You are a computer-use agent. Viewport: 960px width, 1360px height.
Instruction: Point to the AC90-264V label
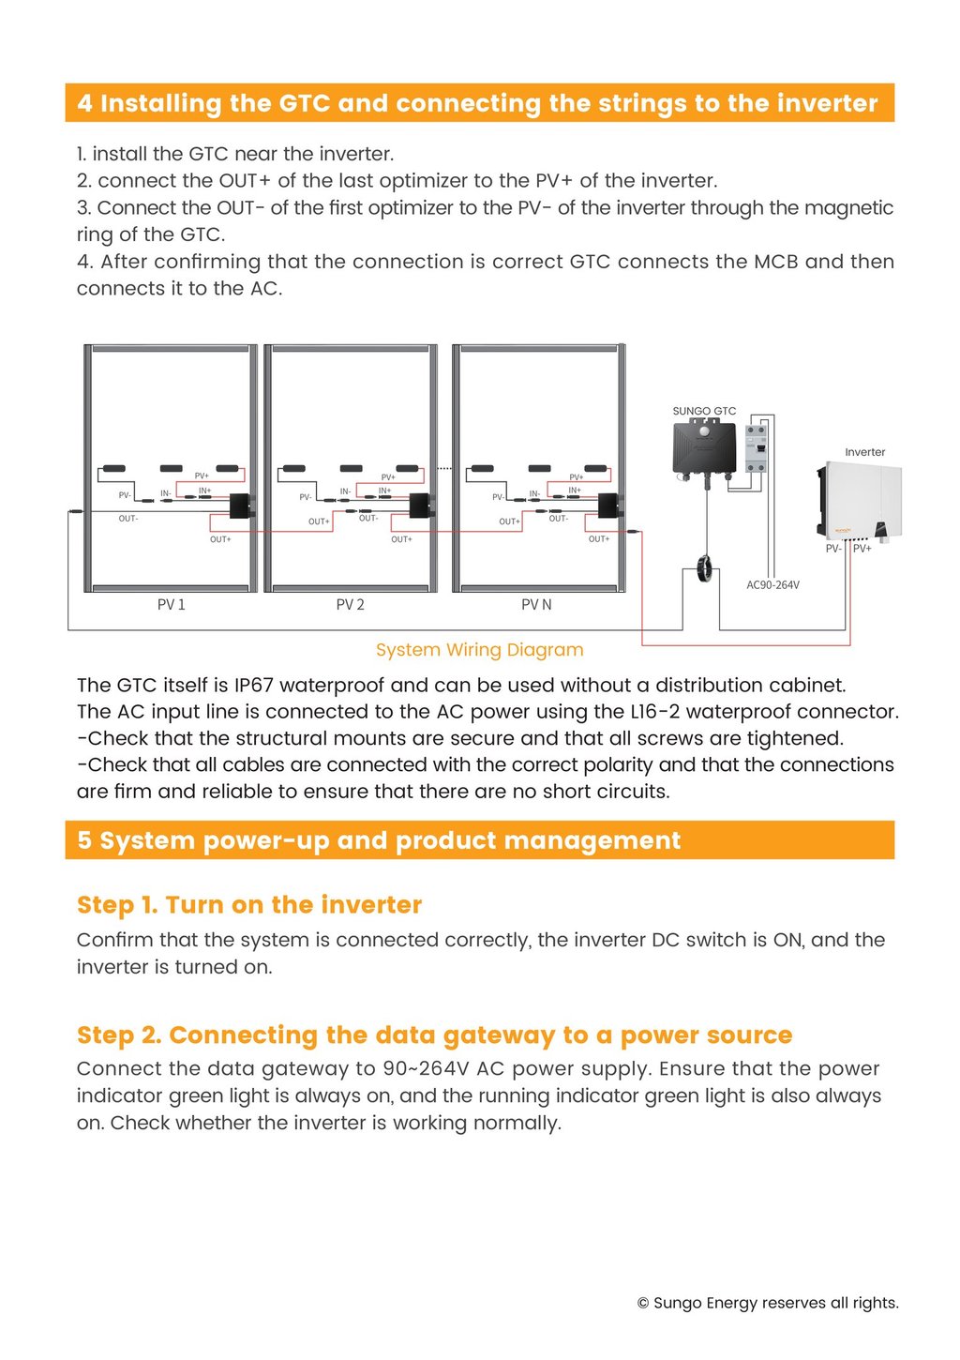coord(772,585)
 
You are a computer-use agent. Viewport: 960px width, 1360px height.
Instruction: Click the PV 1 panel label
coord(171,605)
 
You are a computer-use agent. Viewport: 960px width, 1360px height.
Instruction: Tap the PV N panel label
coord(536,605)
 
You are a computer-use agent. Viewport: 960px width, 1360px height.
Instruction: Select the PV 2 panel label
coord(350,605)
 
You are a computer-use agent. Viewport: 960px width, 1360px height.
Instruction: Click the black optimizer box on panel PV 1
coord(242,506)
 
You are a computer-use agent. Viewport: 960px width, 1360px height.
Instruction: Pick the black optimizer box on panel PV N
coord(608,506)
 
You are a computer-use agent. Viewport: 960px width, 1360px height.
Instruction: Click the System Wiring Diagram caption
coord(479,650)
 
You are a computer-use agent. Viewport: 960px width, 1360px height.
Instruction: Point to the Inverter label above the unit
coord(864,452)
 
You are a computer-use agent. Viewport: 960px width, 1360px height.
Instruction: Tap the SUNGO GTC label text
coord(704,411)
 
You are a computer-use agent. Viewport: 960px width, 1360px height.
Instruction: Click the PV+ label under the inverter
coord(862,549)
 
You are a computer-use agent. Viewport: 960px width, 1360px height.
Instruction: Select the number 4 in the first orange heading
coord(85,103)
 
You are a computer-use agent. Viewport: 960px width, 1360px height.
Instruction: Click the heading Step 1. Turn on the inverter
coord(249,905)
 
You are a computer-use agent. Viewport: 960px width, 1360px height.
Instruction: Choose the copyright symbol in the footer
coord(643,1303)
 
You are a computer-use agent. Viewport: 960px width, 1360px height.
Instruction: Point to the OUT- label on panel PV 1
coord(127,519)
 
